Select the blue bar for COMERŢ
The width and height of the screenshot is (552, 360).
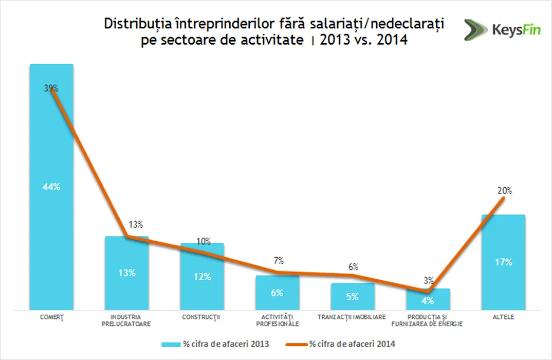coord(51,231)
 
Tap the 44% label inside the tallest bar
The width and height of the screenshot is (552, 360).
coord(51,187)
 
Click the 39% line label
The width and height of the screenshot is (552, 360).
coord(51,88)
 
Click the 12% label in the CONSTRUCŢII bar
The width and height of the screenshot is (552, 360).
coord(202,277)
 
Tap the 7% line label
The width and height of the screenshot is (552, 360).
coord(278,261)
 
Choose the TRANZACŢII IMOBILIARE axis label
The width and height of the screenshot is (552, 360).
coord(352,317)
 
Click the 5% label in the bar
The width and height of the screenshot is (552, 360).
coord(353,296)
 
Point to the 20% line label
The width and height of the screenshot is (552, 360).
coord(504,191)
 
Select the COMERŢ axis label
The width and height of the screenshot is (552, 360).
coord(51,317)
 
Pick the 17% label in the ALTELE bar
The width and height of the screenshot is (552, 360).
coord(504,262)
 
